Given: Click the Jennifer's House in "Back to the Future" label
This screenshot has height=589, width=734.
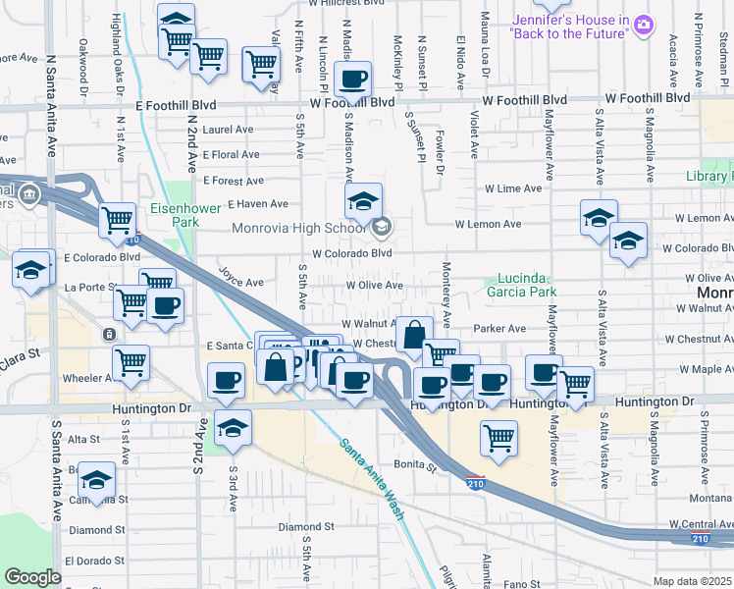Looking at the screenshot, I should pos(570,27).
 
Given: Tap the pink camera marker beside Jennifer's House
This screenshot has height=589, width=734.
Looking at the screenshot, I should pos(644,23).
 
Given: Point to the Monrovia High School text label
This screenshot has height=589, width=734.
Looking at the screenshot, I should pos(298,229).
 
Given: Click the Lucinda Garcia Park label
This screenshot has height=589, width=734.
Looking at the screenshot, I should pos(521,285).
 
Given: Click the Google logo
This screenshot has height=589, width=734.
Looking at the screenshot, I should pos(32,577).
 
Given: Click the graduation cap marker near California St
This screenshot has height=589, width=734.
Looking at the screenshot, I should pos(96,480).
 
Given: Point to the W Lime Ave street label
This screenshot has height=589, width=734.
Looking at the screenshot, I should pos(512,188).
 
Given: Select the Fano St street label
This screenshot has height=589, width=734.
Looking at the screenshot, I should pos(515,584).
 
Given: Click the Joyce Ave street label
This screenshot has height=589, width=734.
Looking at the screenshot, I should pos(240,279).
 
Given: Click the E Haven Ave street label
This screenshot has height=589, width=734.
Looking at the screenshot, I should pos(258,204).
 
